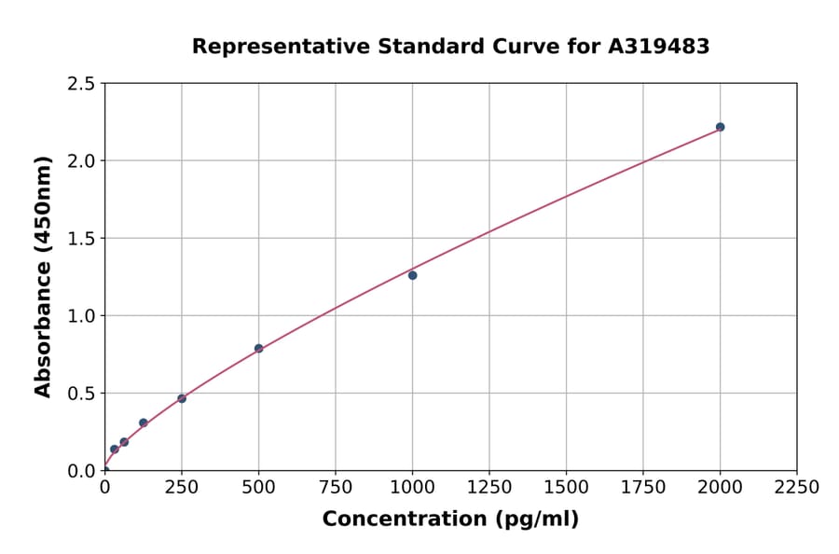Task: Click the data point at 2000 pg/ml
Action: tap(720, 127)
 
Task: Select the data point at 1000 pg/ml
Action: tap(412, 275)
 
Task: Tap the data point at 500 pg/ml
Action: tap(258, 349)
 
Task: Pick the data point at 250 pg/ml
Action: tap(182, 398)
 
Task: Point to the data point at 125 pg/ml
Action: tap(144, 422)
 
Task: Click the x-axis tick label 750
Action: tap(336, 488)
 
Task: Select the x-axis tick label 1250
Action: tap(489, 488)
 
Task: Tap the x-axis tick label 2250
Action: tap(797, 488)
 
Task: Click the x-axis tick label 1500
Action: tap(566, 488)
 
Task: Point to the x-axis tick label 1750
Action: tap(643, 488)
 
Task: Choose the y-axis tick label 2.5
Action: tap(81, 84)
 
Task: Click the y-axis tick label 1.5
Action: tap(81, 239)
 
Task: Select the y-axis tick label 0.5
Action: tap(81, 394)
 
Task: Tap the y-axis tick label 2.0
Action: tap(81, 161)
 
